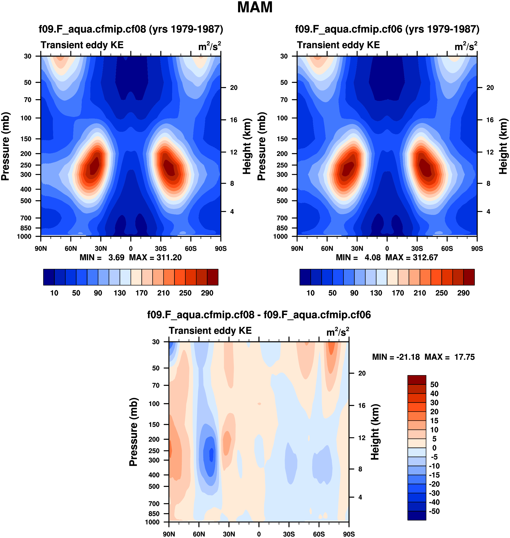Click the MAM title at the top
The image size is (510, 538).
pyautogui.click(x=255, y=7)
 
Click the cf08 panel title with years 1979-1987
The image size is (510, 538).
pyautogui.click(x=131, y=29)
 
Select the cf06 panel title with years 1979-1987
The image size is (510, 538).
pyautogui.click(x=387, y=29)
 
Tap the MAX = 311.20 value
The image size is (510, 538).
pyautogui.click(x=155, y=257)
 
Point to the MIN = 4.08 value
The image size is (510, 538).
pyautogui.click(x=358, y=257)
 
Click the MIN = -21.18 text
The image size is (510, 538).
pyautogui.click(x=396, y=357)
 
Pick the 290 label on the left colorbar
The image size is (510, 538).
pyautogui.click(x=207, y=293)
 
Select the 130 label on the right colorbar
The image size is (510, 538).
pyautogui.click(x=376, y=293)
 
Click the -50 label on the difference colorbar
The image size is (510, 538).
pyautogui.click(x=434, y=511)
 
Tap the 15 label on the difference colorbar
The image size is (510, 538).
pyautogui.click(x=434, y=421)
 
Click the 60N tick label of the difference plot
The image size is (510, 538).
pyautogui.click(x=199, y=534)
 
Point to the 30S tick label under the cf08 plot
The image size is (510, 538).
pyautogui.click(x=161, y=248)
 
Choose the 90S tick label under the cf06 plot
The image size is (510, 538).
pyautogui.click(x=477, y=248)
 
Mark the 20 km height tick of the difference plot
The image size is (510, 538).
pyautogui.click(x=362, y=373)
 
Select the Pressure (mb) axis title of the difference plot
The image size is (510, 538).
pyautogui.click(x=133, y=432)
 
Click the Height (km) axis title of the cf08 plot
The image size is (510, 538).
pyautogui.click(x=247, y=146)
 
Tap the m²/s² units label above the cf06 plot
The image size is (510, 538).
pyautogui.click(x=466, y=46)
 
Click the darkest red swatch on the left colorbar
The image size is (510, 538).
pyautogui.click(x=213, y=277)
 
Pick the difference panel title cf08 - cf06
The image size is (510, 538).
pyautogui.click(x=259, y=315)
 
